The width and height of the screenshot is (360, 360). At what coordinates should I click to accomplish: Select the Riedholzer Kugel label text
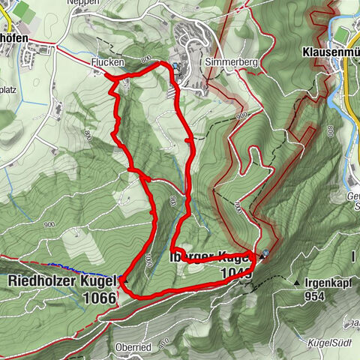(63, 281)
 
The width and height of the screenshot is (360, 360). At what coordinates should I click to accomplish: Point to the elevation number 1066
(100, 298)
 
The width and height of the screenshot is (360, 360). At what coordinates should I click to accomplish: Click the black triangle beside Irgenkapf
(298, 283)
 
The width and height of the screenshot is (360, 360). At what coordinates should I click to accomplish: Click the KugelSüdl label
(330, 343)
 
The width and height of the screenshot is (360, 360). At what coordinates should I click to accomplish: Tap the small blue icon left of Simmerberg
(177, 66)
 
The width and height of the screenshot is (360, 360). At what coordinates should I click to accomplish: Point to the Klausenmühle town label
(330, 53)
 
